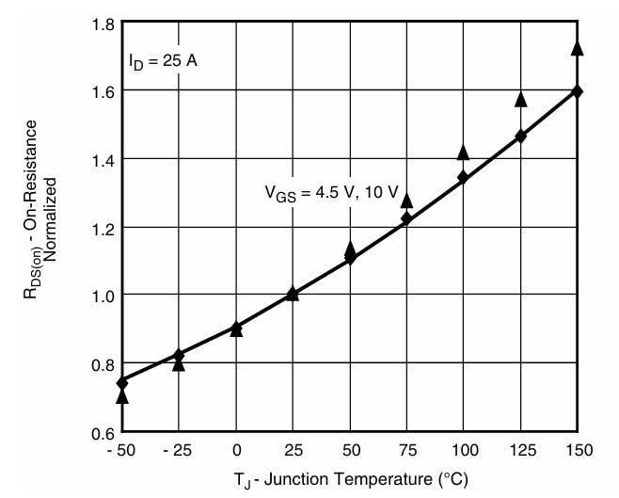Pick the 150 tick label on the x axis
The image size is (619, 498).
578,451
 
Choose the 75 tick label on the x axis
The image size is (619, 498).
406,451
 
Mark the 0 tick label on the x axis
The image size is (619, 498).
236,451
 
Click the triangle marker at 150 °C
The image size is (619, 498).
578,48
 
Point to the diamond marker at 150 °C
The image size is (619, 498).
578,91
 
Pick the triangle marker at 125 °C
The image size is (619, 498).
521,98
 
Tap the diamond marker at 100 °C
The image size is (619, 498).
463,177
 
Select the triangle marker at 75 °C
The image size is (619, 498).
406,201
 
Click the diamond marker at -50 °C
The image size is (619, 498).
122,383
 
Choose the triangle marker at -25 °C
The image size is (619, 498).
179,364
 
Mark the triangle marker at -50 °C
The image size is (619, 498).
122,397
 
